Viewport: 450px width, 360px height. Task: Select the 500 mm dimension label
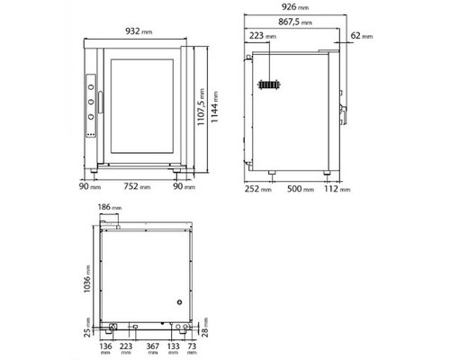[301, 191]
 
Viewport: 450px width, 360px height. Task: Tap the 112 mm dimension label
[340, 191]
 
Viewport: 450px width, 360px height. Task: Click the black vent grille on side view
[269, 85]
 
